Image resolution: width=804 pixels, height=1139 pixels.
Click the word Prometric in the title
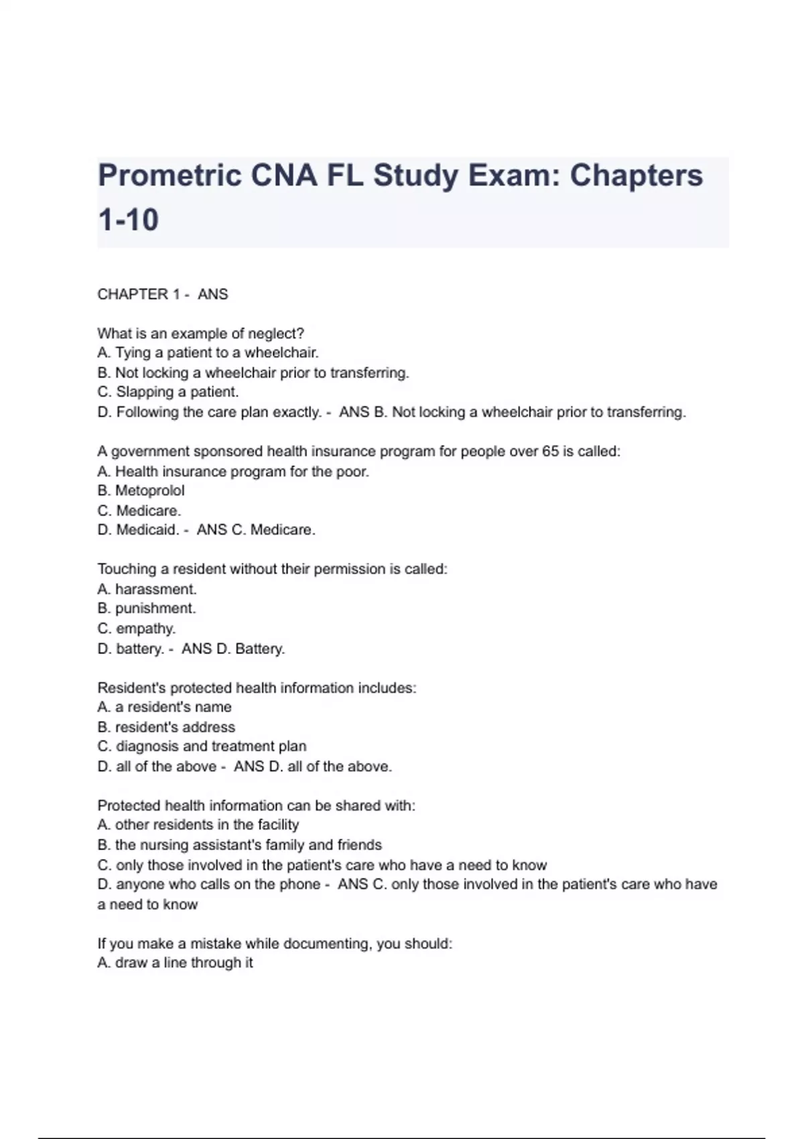click(x=170, y=176)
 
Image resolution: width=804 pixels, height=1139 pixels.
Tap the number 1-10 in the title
click(x=128, y=220)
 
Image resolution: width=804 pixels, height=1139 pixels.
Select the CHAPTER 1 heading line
click(x=163, y=294)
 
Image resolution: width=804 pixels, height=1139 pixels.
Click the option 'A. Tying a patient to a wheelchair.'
click(x=208, y=352)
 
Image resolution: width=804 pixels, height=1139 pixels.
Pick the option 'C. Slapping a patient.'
click(x=168, y=392)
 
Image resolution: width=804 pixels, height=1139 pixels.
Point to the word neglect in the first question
click(x=276, y=334)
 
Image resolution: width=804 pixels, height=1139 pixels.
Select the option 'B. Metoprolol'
click(x=141, y=490)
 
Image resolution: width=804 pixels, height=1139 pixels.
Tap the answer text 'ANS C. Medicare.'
click(x=256, y=530)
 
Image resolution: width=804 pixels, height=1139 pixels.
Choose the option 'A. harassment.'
click(x=147, y=589)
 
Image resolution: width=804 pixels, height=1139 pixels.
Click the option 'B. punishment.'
click(x=147, y=608)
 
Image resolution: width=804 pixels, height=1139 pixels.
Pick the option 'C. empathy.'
click(x=137, y=628)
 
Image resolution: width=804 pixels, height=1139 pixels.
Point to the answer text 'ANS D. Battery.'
click(x=233, y=649)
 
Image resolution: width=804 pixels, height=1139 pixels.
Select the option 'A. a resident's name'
click(x=164, y=707)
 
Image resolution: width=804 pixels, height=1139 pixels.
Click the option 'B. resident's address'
click(x=166, y=727)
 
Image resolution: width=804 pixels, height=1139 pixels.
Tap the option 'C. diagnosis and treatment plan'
click(x=202, y=746)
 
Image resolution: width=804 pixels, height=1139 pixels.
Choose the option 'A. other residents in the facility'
click(x=198, y=825)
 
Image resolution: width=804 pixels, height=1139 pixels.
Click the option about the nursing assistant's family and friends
click(x=240, y=845)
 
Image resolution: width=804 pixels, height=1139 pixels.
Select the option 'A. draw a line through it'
click(x=175, y=963)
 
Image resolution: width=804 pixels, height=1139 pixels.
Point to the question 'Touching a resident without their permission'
click(x=272, y=569)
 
